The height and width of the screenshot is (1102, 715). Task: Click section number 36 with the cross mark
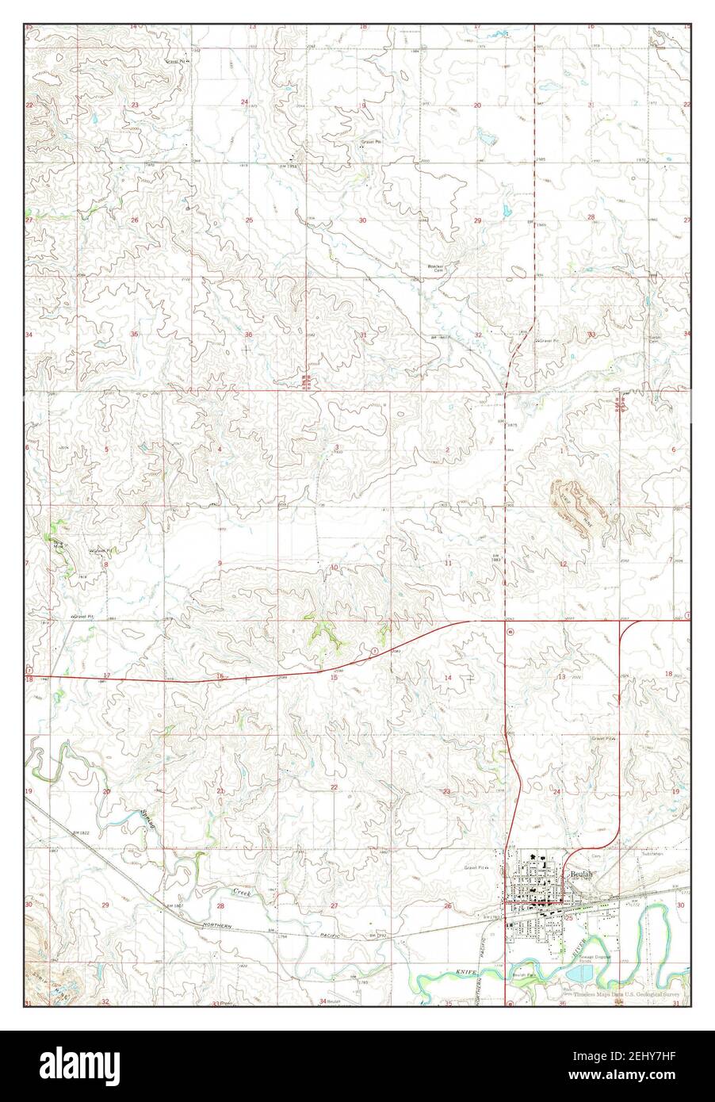pos(248,335)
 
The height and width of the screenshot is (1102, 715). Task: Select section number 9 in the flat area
pos(220,564)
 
